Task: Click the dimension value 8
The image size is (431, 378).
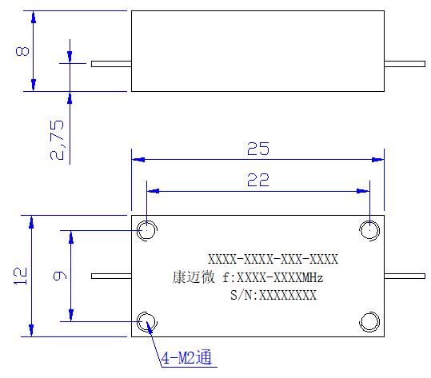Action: coord(22,51)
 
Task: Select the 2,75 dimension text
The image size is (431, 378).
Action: coord(57,140)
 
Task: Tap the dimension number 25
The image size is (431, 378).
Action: coord(258,149)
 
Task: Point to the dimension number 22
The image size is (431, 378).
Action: coord(258,180)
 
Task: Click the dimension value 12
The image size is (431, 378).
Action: coord(20,276)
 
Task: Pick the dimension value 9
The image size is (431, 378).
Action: coord(60,276)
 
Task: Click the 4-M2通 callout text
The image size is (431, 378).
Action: coord(186,357)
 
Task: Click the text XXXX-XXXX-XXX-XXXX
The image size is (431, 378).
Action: coord(273,259)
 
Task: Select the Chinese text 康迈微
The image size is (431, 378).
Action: coord(194,277)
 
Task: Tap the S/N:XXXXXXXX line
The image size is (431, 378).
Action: coord(273,295)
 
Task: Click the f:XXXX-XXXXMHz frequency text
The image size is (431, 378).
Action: coord(273,278)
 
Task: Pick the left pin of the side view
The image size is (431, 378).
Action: coord(111,64)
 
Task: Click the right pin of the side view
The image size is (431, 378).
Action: coord(405,64)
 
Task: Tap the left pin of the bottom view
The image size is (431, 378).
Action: coord(111,276)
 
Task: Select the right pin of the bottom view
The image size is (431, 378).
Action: coord(405,276)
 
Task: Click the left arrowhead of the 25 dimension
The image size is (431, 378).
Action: coord(138,160)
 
